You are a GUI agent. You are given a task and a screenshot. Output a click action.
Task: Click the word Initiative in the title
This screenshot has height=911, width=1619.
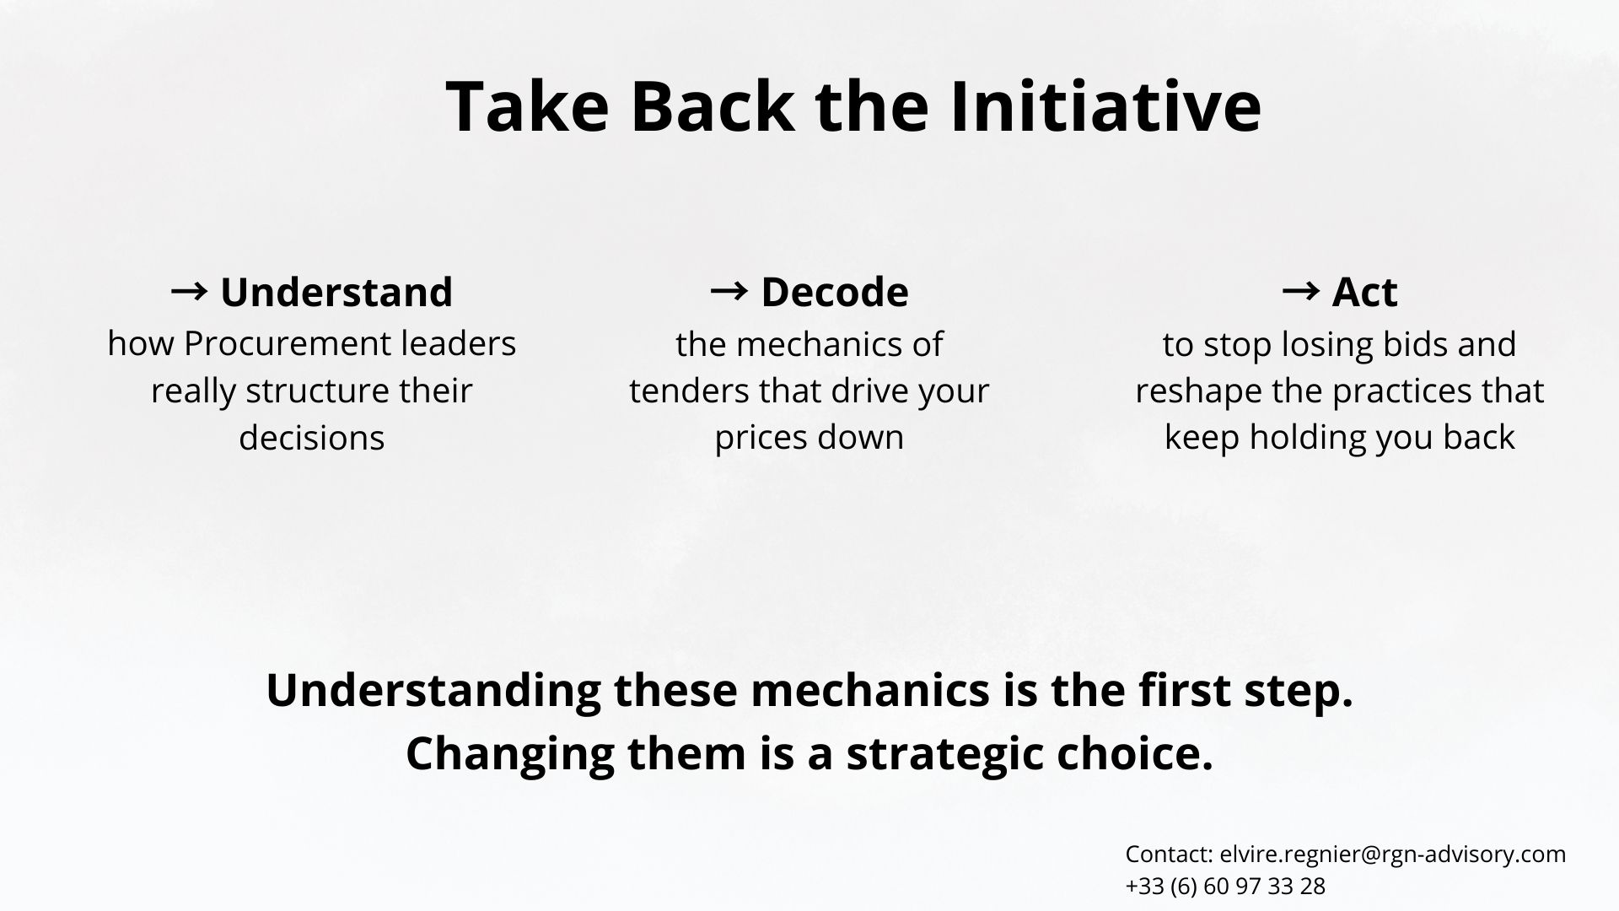coord(1105,106)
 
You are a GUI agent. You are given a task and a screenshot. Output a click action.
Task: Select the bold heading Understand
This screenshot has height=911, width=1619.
coord(336,292)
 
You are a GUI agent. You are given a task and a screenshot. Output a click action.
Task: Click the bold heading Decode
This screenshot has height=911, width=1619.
coord(835,292)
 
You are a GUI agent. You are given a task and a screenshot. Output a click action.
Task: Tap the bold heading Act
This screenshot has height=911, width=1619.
coord(1365,292)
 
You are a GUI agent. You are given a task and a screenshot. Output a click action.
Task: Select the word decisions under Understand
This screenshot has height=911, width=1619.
coord(312,438)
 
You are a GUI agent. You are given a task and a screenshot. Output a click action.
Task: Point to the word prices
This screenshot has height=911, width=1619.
coord(755,438)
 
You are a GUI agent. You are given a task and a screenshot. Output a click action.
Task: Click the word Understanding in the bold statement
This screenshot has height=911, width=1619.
coord(433,689)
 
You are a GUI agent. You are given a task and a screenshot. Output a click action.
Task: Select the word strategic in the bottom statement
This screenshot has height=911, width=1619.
coord(944,753)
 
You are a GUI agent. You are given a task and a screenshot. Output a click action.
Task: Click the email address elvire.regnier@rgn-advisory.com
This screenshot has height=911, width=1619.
coord(1393,854)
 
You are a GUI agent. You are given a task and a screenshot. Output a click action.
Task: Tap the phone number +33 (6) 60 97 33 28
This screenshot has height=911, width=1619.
coord(1225,887)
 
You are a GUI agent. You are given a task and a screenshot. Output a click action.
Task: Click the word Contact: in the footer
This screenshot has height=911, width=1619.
coord(1170,854)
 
